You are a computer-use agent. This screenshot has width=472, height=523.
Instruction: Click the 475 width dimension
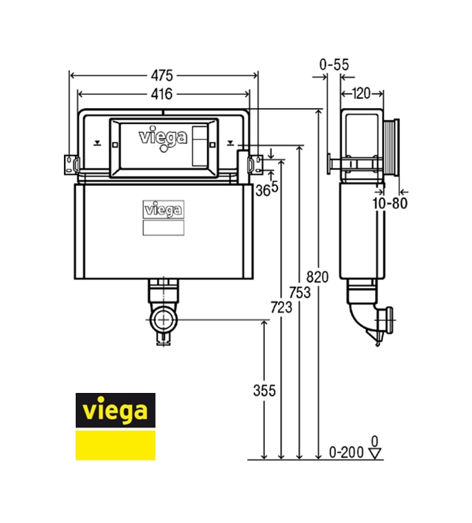(162, 76)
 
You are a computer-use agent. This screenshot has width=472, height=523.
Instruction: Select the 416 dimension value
(162, 94)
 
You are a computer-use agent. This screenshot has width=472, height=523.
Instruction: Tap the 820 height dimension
(317, 277)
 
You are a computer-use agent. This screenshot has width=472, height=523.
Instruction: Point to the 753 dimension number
(299, 292)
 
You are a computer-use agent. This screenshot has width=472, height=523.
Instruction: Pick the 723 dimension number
(281, 307)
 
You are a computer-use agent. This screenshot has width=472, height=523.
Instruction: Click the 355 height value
(264, 391)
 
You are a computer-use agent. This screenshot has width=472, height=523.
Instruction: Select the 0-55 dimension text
(334, 65)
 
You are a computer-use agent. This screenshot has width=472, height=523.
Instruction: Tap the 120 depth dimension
(362, 94)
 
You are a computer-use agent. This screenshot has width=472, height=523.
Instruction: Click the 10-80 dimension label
(390, 203)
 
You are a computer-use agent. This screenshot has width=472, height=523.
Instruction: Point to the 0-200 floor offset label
(346, 452)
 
